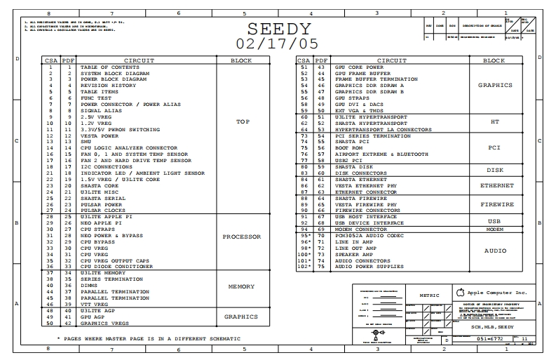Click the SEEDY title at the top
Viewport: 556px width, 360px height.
click(279, 29)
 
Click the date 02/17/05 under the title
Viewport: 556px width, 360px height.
click(279, 44)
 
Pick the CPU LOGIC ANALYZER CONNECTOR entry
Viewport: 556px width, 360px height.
click(128, 148)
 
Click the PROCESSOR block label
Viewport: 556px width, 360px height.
click(241, 237)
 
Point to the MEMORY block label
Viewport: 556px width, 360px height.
click(241, 287)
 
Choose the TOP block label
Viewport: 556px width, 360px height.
click(243, 122)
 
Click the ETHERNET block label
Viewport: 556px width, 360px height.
click(496, 185)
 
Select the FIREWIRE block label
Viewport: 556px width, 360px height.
click(496, 204)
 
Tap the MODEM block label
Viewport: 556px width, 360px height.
click(495, 229)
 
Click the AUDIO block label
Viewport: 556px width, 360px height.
click(496, 251)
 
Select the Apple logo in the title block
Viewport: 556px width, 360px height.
click(460, 292)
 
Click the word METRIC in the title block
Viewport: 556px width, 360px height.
click(429, 295)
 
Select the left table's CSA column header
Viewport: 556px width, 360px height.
click(51, 60)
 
